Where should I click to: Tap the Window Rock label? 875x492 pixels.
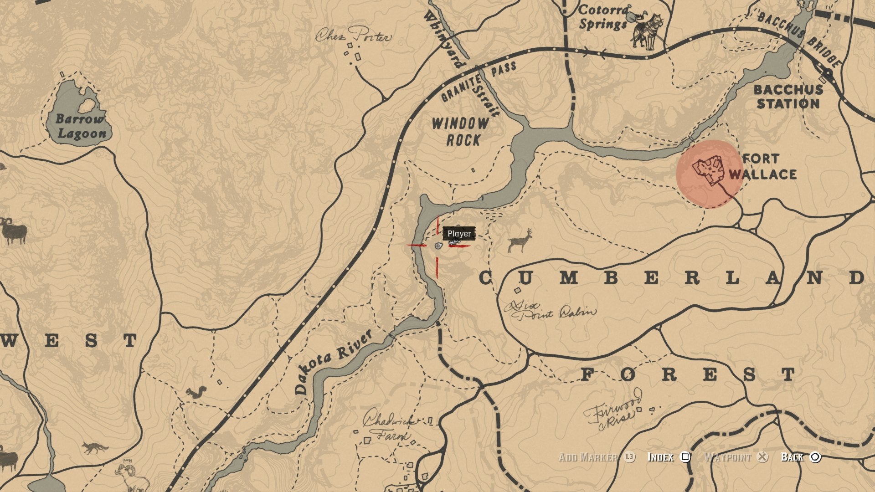pos(460,132)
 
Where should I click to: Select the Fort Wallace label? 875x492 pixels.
pos(763,167)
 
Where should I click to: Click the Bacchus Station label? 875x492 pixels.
pos(788,97)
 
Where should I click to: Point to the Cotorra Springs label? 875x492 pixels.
pos(603,17)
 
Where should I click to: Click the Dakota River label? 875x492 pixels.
pos(333,362)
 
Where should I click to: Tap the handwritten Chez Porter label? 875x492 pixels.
pos(354,35)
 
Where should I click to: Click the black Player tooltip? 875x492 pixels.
pos(459,234)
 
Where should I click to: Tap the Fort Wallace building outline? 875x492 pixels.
pos(708,170)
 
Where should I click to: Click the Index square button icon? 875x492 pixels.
pos(685,457)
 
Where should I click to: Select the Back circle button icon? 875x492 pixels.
pos(815,457)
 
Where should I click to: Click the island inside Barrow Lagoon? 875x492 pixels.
pos(86,106)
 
